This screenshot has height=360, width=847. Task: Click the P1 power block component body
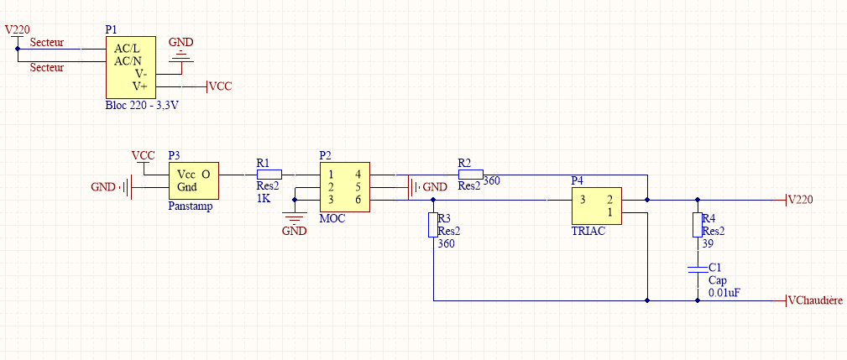131,67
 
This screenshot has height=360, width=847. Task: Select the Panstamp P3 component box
194,180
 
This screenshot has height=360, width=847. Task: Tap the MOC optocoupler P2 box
344,187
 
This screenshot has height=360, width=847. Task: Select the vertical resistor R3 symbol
432,224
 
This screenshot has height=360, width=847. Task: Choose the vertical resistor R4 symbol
697,224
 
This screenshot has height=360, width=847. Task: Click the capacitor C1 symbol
697,269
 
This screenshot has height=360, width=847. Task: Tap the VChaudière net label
817,300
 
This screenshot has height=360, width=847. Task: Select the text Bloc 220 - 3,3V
143,106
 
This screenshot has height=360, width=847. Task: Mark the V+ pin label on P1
140,86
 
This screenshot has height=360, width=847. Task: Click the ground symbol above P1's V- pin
180,57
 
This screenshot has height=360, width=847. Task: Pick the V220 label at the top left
18,29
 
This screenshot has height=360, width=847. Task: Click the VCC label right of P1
221,86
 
